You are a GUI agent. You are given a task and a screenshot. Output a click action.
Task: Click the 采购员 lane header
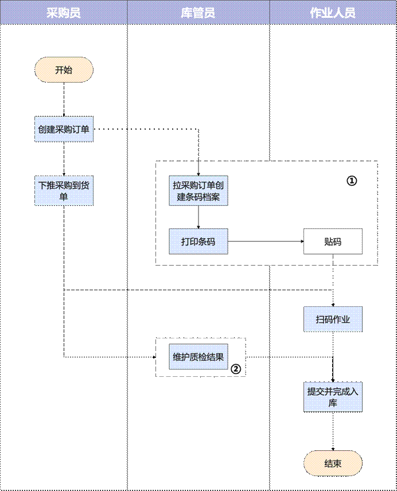coord(63,13)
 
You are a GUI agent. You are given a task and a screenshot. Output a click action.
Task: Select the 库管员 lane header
coord(198,13)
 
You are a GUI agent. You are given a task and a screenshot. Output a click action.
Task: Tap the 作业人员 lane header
coord(333,13)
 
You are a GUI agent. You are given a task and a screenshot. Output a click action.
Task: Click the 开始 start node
coord(64,71)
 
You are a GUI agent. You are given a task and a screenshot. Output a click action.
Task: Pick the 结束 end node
coord(333,463)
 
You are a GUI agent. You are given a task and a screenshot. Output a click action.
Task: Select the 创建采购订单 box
coord(64,130)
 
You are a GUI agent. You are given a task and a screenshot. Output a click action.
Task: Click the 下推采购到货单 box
coord(64,191)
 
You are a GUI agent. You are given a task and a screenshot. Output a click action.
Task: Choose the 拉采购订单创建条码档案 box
coord(198,191)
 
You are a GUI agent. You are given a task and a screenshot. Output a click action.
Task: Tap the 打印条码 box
coord(198,241)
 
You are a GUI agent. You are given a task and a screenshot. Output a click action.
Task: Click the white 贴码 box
coord(333,241)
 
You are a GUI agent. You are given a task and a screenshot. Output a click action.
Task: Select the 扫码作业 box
coord(333,319)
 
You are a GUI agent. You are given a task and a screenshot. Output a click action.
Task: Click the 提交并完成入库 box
coord(333,398)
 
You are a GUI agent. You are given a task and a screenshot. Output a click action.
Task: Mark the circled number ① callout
coord(352,180)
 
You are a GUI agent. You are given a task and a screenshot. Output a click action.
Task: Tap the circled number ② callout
coord(235,369)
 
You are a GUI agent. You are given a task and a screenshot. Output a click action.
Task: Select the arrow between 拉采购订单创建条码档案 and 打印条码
coord(198,218)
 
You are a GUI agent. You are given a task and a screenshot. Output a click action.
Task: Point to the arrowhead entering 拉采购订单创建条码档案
coord(198,173)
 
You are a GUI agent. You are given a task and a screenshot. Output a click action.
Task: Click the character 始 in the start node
coord(68,71)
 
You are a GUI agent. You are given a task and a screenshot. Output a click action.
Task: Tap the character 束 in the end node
coord(337,463)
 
